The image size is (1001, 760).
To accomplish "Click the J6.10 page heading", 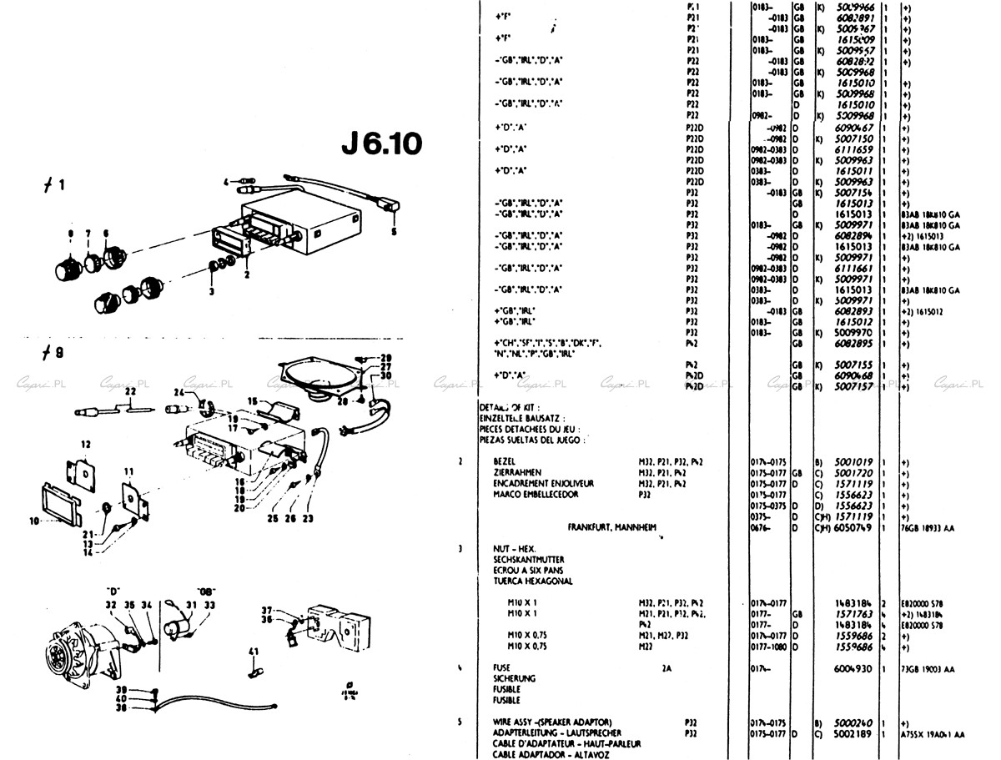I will (381, 144).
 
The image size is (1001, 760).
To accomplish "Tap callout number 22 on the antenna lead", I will (130, 390).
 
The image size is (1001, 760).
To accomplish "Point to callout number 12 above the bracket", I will (85, 443).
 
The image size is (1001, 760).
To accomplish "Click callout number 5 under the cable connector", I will (395, 230).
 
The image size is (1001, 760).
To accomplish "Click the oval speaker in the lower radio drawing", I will (321, 380).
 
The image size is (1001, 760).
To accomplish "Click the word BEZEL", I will (505, 461).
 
